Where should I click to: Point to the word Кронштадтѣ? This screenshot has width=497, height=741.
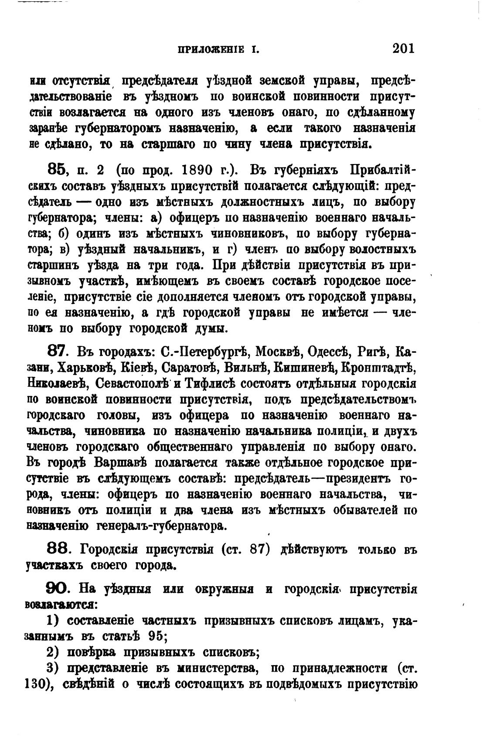(378, 368)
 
